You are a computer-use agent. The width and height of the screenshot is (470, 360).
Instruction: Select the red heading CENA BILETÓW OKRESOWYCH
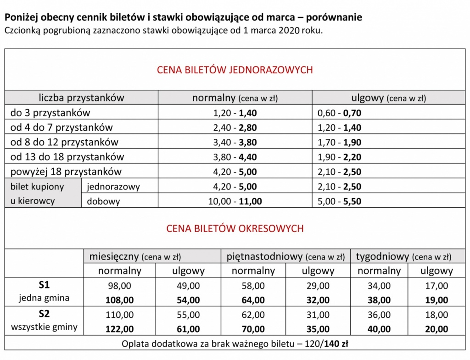point(235,228)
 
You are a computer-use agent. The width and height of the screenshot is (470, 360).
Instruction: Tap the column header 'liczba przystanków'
point(81,98)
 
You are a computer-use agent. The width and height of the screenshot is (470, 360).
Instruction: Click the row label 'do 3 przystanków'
point(50,112)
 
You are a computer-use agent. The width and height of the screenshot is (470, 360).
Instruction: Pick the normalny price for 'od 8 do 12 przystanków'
point(235,142)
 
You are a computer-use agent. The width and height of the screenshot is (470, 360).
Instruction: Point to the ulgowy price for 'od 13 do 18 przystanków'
point(340,157)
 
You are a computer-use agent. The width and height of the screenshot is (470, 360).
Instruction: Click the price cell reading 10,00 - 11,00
point(235,201)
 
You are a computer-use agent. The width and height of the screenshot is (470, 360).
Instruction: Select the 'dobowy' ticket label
point(103,201)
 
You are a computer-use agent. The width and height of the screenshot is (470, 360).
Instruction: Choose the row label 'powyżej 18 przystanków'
point(66,172)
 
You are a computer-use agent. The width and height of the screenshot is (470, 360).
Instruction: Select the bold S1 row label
point(44,285)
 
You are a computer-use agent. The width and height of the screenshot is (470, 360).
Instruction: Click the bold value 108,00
point(120,300)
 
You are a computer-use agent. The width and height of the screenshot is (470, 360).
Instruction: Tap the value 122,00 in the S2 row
point(120,329)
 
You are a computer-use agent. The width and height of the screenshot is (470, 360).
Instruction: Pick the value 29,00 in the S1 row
point(318,286)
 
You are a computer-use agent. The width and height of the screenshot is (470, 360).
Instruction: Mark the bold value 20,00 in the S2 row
point(436,329)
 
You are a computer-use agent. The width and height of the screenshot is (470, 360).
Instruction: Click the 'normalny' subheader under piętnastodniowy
point(253,271)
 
